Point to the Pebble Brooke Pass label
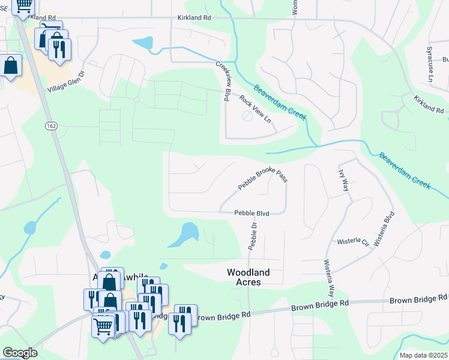263,179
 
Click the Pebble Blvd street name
252,213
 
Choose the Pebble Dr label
253,236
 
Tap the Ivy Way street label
345,179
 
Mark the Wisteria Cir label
353,241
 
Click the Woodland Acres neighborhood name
248,277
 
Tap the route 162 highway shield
51,125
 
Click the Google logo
20,353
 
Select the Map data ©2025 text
424,355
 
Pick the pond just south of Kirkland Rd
143,44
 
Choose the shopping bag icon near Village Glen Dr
11,66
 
